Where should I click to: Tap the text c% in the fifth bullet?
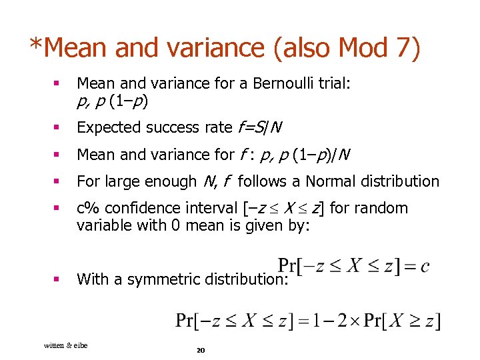(87, 208)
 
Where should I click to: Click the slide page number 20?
(200, 350)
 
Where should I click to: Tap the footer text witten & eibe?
(65, 345)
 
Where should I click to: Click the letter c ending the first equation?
(425, 267)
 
